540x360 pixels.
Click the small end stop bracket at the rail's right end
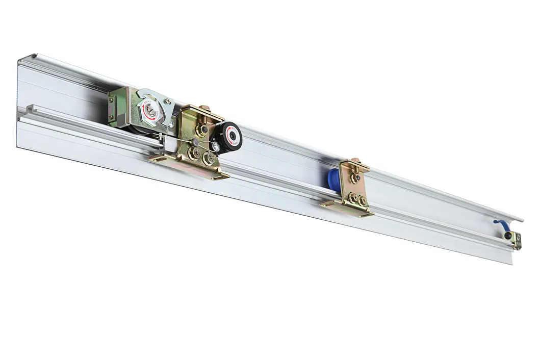point(516,241)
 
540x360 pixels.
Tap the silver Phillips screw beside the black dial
point(217,147)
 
